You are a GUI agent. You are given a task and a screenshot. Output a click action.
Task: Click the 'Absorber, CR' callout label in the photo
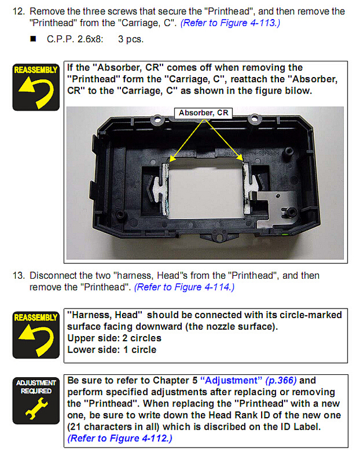click(204, 113)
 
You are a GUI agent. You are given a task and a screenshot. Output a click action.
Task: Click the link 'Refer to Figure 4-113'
click(230, 23)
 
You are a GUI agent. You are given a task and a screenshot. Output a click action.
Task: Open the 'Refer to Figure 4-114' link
click(184, 287)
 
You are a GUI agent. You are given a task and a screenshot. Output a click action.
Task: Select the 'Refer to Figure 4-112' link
click(120, 438)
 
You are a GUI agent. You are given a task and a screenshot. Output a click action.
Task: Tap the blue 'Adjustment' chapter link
click(231, 381)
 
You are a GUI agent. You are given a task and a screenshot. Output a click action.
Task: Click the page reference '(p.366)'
click(281, 381)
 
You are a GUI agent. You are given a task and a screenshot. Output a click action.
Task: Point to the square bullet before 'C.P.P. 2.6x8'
click(33, 39)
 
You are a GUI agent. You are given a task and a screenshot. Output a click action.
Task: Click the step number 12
click(19, 11)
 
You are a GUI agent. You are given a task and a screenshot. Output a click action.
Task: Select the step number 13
click(19, 275)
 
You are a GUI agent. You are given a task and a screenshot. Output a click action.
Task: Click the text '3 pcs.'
click(130, 39)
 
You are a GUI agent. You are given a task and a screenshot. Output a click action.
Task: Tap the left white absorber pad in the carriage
click(162, 189)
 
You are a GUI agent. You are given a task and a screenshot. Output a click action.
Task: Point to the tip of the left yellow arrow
click(170, 162)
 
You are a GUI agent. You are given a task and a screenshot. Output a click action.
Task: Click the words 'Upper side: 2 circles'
click(114, 338)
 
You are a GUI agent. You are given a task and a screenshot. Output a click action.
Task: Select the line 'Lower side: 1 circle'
click(112, 350)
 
